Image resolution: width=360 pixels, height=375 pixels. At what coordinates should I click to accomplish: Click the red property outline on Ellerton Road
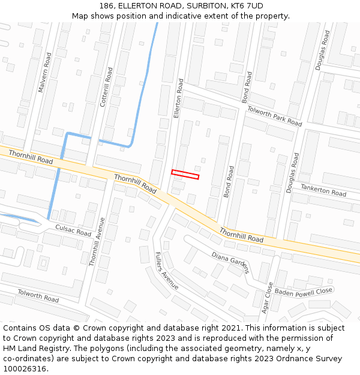coord(185,175)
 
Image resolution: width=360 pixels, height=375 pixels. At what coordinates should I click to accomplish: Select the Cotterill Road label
coord(106,87)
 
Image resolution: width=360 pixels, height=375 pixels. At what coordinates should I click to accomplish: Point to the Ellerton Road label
coord(178,97)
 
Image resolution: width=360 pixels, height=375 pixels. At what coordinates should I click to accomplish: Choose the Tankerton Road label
coord(323,190)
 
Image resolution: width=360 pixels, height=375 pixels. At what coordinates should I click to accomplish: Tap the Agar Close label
coord(268,298)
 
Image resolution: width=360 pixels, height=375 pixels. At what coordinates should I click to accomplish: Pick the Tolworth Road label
coord(38,296)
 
